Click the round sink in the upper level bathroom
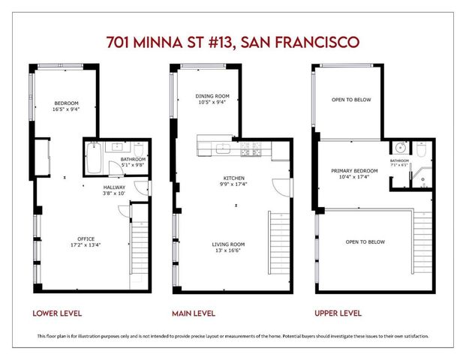click(400, 148)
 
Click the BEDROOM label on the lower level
click(66, 103)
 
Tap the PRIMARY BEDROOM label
click(355, 171)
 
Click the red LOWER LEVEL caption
click(57, 313)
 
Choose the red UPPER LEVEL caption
click(337, 313)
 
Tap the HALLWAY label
click(115, 187)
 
